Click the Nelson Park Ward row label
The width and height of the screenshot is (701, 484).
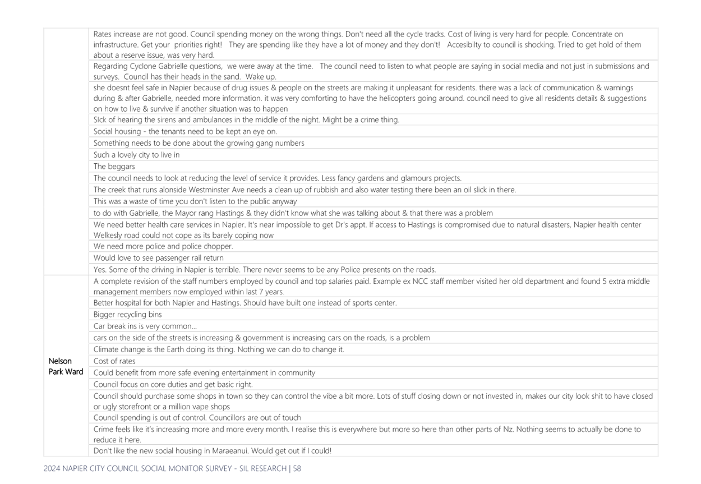point(66,366)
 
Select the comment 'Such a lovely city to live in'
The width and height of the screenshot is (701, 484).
point(136,155)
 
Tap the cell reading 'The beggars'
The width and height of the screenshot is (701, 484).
point(114,167)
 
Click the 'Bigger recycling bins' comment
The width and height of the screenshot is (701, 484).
point(127,314)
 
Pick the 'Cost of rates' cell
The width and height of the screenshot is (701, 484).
point(114,361)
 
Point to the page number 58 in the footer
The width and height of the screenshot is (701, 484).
point(297,468)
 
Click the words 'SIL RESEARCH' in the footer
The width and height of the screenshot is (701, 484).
point(263,468)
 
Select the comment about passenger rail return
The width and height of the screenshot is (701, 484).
point(158,258)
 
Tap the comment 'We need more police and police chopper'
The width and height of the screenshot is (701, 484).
point(163,246)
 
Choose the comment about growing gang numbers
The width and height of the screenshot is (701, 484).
point(199,143)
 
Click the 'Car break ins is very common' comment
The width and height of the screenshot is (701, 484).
point(145,326)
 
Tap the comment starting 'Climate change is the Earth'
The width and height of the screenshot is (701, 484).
point(219,349)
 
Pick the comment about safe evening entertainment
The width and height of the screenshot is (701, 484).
point(204,373)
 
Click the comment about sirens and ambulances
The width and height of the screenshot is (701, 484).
point(246,120)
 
